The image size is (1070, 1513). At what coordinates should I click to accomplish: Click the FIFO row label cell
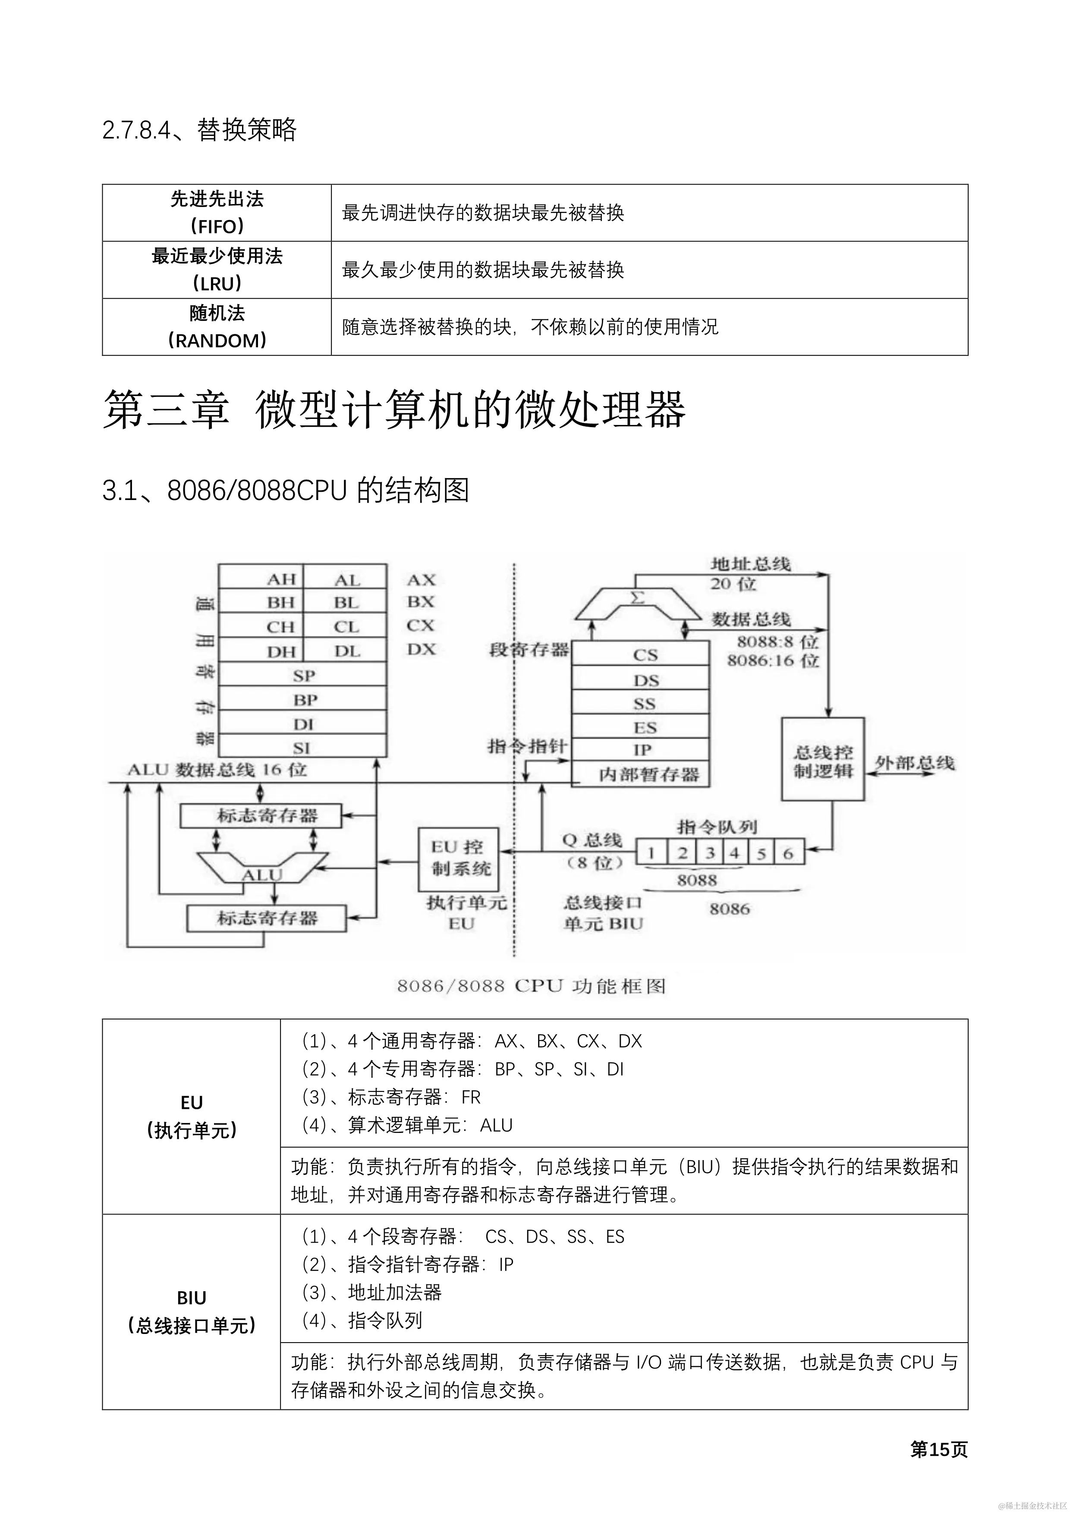[217, 212]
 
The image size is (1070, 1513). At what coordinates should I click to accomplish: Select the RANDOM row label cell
[217, 327]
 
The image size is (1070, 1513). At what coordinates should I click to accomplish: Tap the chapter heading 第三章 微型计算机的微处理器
[394, 410]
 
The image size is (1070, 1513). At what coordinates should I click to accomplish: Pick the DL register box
[345, 651]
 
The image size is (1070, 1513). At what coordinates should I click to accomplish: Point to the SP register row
[302, 675]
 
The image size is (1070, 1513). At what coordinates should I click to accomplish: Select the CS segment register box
[640, 654]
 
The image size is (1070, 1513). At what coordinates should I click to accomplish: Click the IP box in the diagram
[640, 749]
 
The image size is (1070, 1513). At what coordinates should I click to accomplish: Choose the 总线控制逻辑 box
[822, 759]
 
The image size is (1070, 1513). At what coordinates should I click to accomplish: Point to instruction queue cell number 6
[788, 853]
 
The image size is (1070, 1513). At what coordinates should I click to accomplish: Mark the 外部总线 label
[915, 762]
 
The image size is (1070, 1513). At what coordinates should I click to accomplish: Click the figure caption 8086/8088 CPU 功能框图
[531, 986]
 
